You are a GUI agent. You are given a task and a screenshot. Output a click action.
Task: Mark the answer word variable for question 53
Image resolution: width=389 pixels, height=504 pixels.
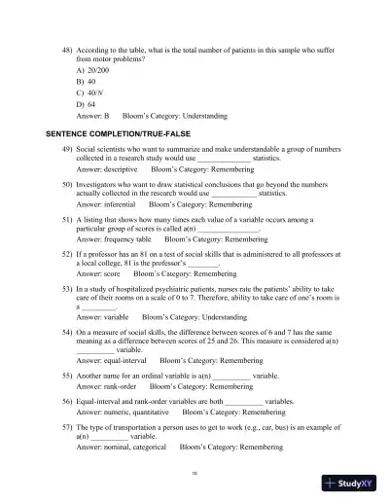point(109,317)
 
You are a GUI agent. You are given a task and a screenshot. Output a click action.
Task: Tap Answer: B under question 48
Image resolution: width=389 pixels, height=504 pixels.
point(95,114)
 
